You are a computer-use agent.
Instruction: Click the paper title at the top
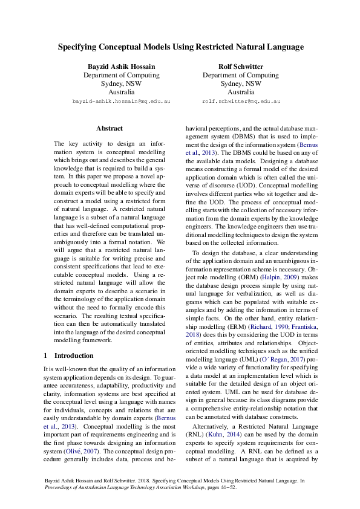tap(180, 46)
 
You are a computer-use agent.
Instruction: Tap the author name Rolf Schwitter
tap(240, 66)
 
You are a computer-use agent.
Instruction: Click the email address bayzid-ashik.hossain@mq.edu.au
tap(121, 102)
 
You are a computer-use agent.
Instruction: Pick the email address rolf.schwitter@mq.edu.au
tap(241, 102)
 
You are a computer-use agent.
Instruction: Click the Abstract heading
tap(110, 128)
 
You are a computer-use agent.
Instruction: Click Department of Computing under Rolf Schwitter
tap(240, 76)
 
